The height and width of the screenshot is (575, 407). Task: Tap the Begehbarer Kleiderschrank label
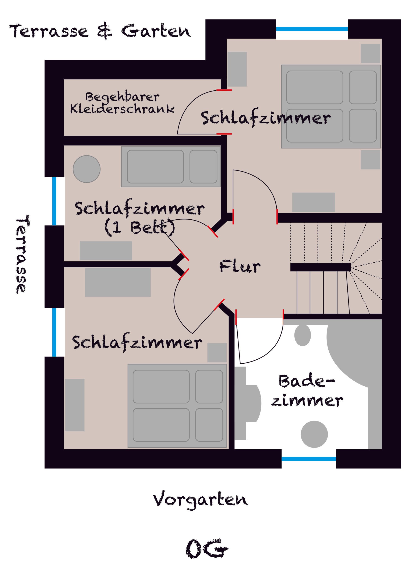pos(122,103)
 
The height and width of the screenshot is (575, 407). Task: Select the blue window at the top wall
pos(312,29)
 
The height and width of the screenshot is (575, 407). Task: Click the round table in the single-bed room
pos(87,169)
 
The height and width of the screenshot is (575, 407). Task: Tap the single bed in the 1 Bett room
pos(171,166)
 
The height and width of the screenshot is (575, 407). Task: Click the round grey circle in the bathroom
pos(314,434)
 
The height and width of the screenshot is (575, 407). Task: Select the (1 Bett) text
pos(140,228)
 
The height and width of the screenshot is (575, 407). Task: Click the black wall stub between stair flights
pos(321,267)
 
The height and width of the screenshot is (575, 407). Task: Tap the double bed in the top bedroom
pos(331,107)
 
